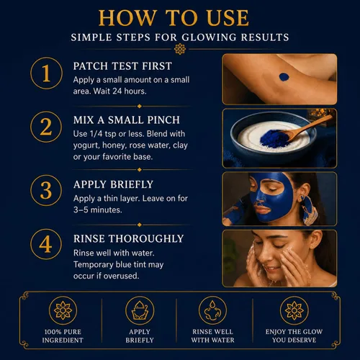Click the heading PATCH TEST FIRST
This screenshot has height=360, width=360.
122,66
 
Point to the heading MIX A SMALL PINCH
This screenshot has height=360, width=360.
127,120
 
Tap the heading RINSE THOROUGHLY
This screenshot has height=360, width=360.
129,239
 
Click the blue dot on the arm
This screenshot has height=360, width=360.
284,77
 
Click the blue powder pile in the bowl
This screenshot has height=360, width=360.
274,138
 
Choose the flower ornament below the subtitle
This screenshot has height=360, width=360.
180,49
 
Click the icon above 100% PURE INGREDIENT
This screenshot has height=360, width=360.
63,310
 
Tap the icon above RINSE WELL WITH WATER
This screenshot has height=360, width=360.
212,310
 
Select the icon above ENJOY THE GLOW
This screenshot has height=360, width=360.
294,310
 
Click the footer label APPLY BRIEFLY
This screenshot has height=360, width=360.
140,336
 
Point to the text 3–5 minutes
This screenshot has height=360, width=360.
98,210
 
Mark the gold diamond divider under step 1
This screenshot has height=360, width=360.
139,106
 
